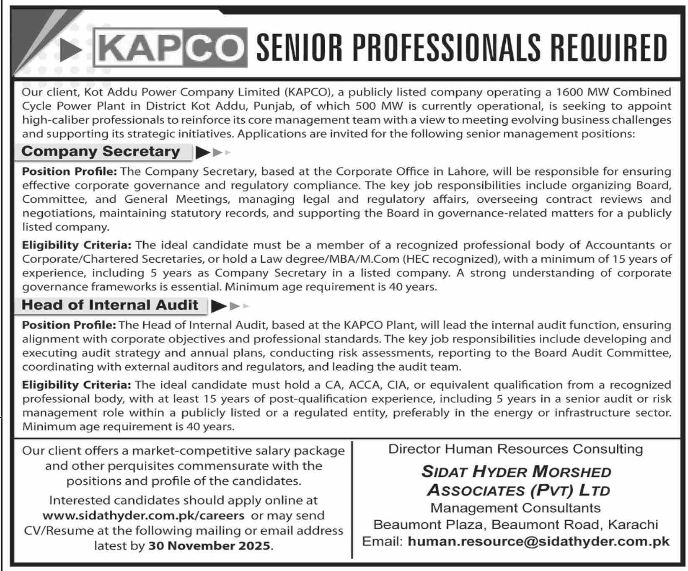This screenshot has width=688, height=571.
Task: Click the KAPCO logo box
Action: tap(170, 48)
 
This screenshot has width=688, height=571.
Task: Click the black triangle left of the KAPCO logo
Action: tap(70, 51)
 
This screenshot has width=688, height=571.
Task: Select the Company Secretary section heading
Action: tap(101, 151)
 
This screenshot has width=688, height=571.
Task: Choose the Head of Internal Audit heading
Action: tap(110, 305)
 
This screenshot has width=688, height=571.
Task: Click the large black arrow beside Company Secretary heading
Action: tap(203, 152)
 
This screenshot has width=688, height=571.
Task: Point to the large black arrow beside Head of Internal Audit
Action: tap(218, 306)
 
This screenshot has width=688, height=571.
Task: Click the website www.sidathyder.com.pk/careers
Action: tap(143, 515)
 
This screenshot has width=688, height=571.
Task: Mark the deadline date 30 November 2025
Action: tap(209, 546)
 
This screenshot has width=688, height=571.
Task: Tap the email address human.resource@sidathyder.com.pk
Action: tap(538, 542)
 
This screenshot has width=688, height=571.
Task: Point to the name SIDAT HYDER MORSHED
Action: tap(516, 472)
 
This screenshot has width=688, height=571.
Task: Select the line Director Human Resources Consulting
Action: tap(515, 449)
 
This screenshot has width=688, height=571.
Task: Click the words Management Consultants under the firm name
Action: tap(515, 508)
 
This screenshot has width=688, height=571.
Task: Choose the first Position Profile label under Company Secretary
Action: tap(70, 171)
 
